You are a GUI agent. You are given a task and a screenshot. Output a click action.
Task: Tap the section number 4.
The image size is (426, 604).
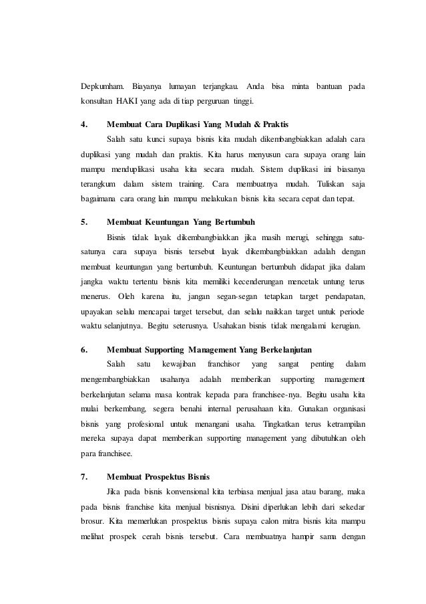pos(83,124)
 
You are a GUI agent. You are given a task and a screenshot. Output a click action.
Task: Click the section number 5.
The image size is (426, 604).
pos(83,221)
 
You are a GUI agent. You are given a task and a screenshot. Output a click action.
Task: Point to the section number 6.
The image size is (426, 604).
pos(83,349)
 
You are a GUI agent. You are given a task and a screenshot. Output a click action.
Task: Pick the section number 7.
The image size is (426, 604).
pos(83,477)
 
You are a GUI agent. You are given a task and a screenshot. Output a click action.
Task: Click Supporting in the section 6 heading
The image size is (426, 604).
pos(165,349)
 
